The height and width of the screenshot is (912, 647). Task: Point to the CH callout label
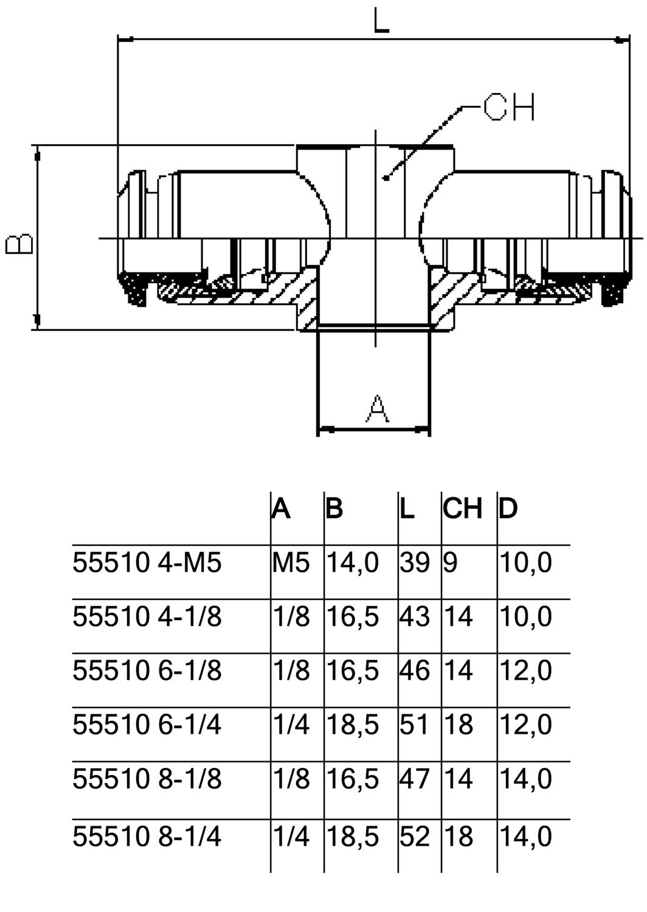508,108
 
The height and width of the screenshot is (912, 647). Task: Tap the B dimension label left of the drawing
19,243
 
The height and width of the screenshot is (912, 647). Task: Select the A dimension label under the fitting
378,408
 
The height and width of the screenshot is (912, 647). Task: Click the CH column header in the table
463,508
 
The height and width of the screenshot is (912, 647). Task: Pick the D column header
508,508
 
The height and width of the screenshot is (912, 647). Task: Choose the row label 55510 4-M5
147,562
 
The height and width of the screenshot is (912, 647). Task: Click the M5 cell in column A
291,562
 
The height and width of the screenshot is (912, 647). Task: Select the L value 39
415,562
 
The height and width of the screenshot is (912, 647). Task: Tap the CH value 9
451,562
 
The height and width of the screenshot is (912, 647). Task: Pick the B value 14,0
353,562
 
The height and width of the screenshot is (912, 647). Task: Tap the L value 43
415,617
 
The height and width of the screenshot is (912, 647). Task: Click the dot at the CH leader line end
385,178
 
